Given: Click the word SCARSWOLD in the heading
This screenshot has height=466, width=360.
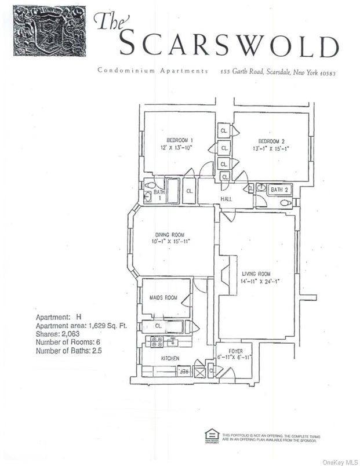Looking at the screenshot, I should click(229, 45).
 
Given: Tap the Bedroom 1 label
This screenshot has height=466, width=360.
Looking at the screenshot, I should click(180, 141).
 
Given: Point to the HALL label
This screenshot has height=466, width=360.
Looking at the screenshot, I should click(227, 199).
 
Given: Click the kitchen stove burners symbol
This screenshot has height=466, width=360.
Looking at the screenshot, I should click(157, 342).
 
